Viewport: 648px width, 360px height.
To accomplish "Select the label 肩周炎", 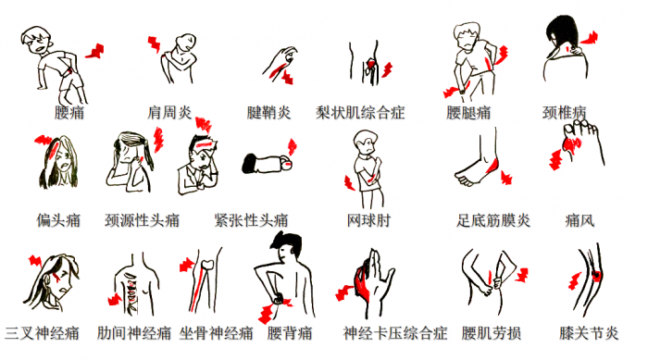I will pos(169,113).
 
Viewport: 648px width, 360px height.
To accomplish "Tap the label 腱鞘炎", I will pos(268,113).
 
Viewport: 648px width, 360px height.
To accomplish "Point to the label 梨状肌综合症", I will pos(360,113).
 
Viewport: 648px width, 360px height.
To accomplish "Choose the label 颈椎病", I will pos(564,113).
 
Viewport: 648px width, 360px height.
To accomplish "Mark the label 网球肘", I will pos(368,221).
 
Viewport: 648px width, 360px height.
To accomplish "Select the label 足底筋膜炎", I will pos(493,221).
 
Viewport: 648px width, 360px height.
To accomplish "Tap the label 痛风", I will pos(579,221).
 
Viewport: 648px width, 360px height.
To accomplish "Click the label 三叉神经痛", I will pos(42,331).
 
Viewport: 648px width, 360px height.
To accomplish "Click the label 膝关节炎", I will pos(589,331).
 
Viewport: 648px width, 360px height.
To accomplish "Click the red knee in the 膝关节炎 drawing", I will pos(594,275).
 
